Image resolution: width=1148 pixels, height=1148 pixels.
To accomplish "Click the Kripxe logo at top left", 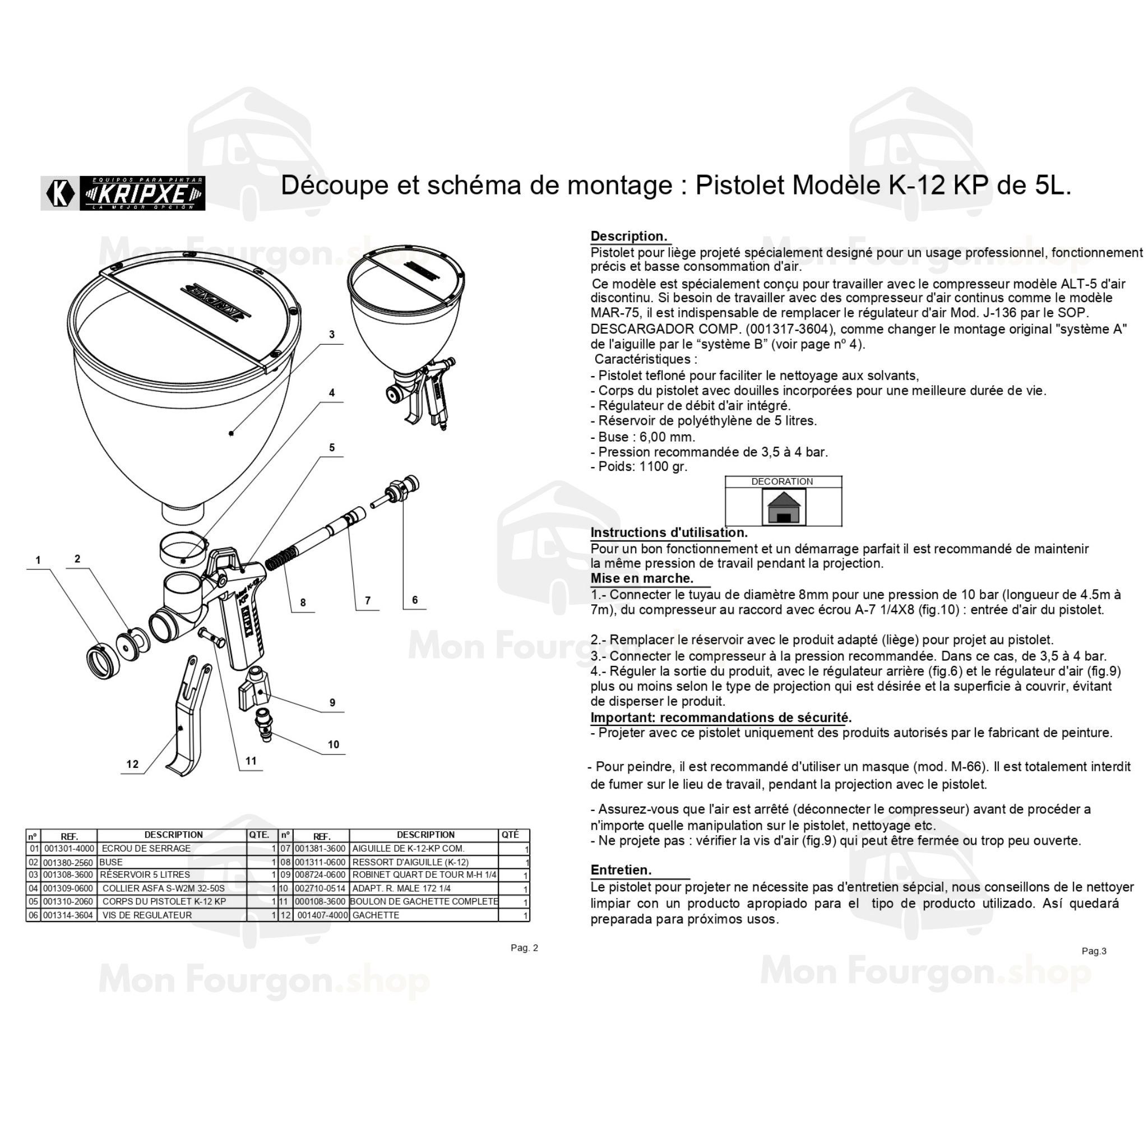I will tap(123, 193).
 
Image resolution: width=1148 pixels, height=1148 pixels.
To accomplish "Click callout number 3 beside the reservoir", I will tap(332, 335).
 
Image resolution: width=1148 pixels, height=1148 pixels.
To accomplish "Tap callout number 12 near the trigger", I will tap(132, 764).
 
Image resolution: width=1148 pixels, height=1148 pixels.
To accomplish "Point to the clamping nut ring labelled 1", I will tap(102, 660).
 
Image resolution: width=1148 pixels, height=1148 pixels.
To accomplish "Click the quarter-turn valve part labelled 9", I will tap(254, 690).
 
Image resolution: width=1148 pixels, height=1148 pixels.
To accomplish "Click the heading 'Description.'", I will tap(629, 237).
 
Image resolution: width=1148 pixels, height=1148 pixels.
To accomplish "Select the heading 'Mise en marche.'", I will tap(642, 578).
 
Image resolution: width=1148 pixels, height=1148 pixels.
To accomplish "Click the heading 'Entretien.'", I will tap(621, 870).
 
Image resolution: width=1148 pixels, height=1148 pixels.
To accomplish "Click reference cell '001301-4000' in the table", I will tap(69, 849).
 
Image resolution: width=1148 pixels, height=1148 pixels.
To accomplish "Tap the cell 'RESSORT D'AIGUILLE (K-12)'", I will tap(410, 862).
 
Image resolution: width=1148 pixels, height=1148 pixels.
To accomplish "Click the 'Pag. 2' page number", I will tap(524, 948).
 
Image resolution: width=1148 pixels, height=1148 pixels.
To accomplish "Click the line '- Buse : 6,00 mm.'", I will tap(643, 437).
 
